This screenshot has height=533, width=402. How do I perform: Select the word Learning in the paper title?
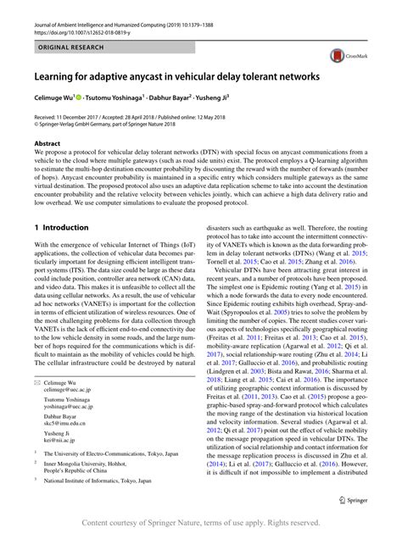pyautogui.click(x=55, y=76)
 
